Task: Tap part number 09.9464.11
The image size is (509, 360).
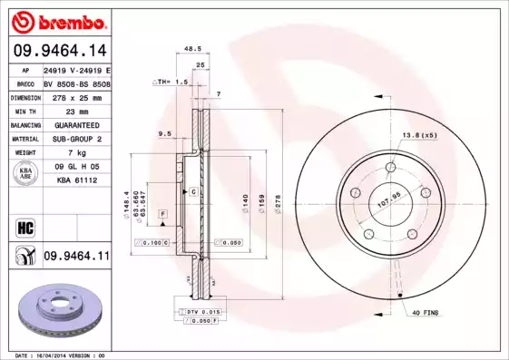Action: pos(75,257)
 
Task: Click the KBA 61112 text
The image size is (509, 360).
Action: pos(75,180)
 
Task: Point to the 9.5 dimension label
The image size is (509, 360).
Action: pos(165,133)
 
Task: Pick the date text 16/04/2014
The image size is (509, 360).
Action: pos(60,355)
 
